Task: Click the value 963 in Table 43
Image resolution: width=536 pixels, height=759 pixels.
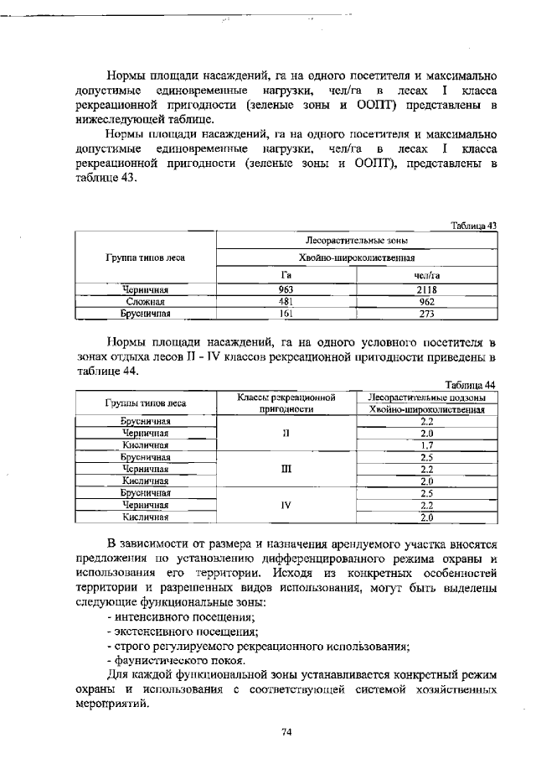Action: click(285, 289)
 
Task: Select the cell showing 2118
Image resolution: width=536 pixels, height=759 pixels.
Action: click(427, 289)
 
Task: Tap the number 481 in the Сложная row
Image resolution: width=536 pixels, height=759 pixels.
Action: click(285, 301)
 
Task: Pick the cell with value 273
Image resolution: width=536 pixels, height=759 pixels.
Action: click(427, 313)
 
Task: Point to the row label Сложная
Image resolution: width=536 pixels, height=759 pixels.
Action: click(145, 301)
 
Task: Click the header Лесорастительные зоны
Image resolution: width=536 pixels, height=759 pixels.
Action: click(356, 240)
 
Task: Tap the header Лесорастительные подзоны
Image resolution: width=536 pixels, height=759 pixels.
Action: click(427, 397)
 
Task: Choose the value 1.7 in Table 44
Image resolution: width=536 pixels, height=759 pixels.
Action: click(426, 445)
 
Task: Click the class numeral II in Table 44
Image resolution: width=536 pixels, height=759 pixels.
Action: click(286, 434)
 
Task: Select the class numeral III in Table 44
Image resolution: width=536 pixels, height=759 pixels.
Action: click(286, 470)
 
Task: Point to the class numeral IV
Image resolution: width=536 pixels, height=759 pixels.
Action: click(286, 506)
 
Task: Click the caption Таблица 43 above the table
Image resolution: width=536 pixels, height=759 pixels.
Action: click(473, 225)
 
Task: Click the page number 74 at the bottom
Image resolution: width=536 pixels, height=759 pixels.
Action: click(286, 732)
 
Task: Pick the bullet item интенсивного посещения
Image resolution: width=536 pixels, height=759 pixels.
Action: click(172, 616)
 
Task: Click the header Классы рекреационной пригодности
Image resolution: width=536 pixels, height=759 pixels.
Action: click(286, 403)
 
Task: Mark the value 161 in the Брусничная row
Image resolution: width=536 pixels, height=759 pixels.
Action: click(285, 313)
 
